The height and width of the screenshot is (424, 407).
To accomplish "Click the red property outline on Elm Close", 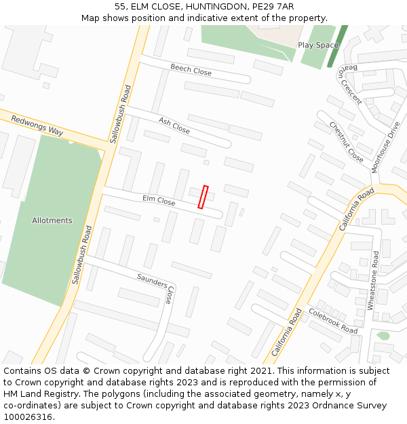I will point(203,197).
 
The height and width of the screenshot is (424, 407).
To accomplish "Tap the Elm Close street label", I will point(159,200).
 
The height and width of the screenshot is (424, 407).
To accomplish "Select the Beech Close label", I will point(191,70).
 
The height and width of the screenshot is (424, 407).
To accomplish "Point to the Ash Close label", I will point(174,125).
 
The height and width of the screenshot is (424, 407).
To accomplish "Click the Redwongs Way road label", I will point(37,126).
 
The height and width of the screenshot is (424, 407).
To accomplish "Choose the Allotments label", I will point(52,220).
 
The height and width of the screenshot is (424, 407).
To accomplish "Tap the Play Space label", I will point(318,45).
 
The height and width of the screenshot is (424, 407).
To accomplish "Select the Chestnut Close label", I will point(346,141).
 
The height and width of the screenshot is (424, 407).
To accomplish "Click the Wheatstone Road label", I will point(374,280).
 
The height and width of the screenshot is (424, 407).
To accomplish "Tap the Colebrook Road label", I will point(332,321).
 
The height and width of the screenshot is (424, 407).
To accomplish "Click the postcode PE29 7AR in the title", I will point(273,6).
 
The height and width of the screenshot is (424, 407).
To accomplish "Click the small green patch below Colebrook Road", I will point(383,335).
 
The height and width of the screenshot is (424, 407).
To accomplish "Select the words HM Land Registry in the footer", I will point(42,393).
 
